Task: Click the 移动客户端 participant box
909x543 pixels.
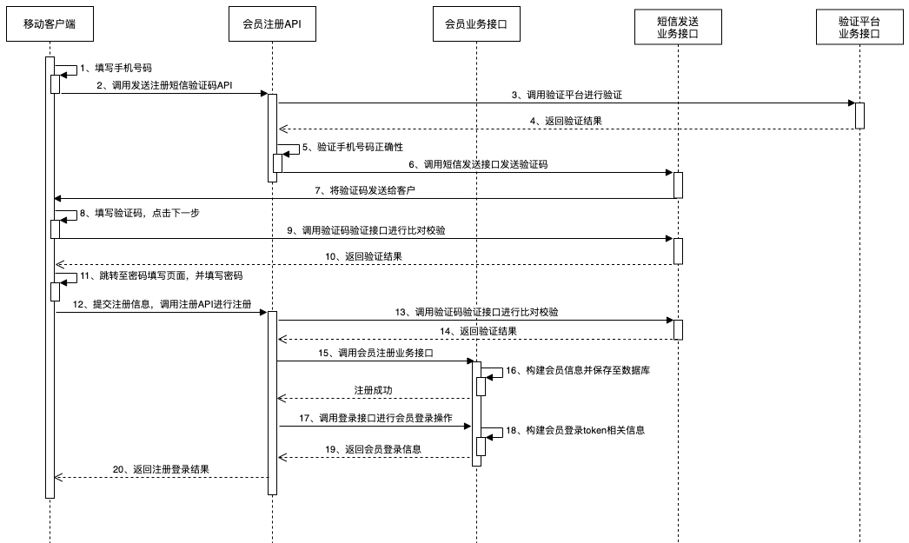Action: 50,23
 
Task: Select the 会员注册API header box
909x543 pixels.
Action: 272,23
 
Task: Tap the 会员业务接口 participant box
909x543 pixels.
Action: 475,23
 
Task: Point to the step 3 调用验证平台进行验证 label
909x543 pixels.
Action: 566,94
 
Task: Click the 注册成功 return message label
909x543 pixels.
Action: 373,390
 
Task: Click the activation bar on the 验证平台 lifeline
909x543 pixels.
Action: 859,116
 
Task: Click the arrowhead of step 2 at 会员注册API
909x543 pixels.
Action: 264,94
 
